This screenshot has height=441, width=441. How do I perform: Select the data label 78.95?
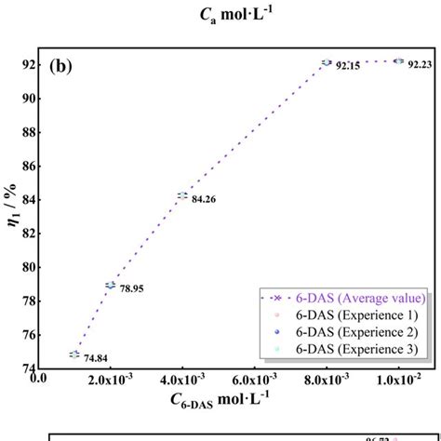pyautogui.click(x=132, y=288)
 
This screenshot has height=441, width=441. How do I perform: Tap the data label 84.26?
pyautogui.click(x=204, y=198)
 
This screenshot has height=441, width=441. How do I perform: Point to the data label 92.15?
pyautogui.click(x=347, y=66)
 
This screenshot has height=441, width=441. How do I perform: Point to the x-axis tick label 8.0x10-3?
pyautogui.click(x=326, y=379)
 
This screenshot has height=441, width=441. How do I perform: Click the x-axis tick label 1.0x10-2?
pyautogui.click(x=398, y=379)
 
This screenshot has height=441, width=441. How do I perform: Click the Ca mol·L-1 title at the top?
pyautogui.click(x=220, y=13)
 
